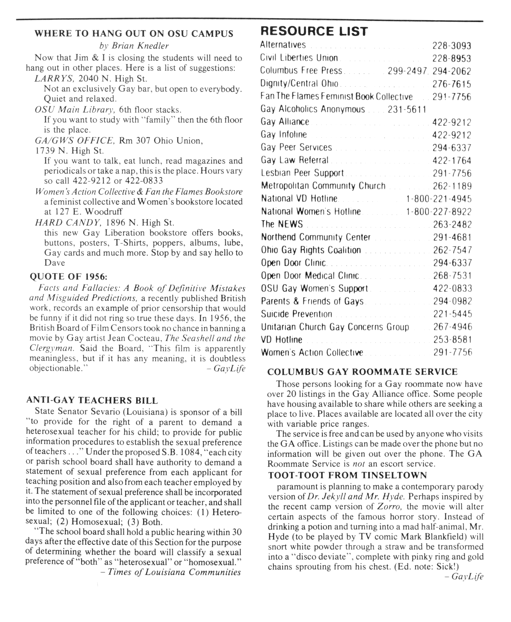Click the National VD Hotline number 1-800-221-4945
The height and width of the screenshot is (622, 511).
(439, 199)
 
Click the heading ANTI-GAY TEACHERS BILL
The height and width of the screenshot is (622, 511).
(92, 400)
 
